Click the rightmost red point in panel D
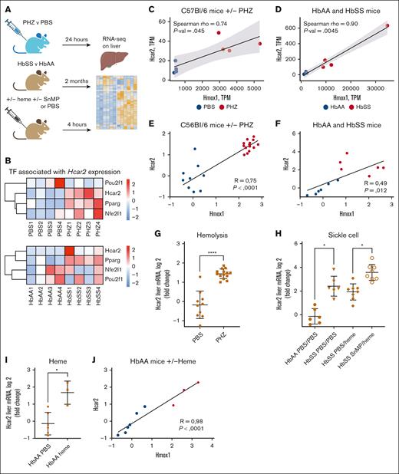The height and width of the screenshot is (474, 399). click(387, 25)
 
